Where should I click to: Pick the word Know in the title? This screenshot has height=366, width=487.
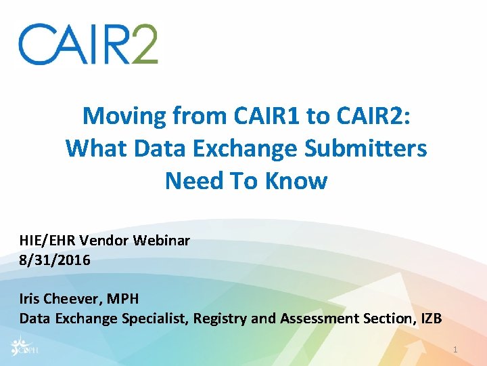298,181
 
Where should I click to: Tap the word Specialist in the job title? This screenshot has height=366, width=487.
152,318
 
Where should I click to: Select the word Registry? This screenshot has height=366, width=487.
216,318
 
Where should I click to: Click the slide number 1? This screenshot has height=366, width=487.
456,349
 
